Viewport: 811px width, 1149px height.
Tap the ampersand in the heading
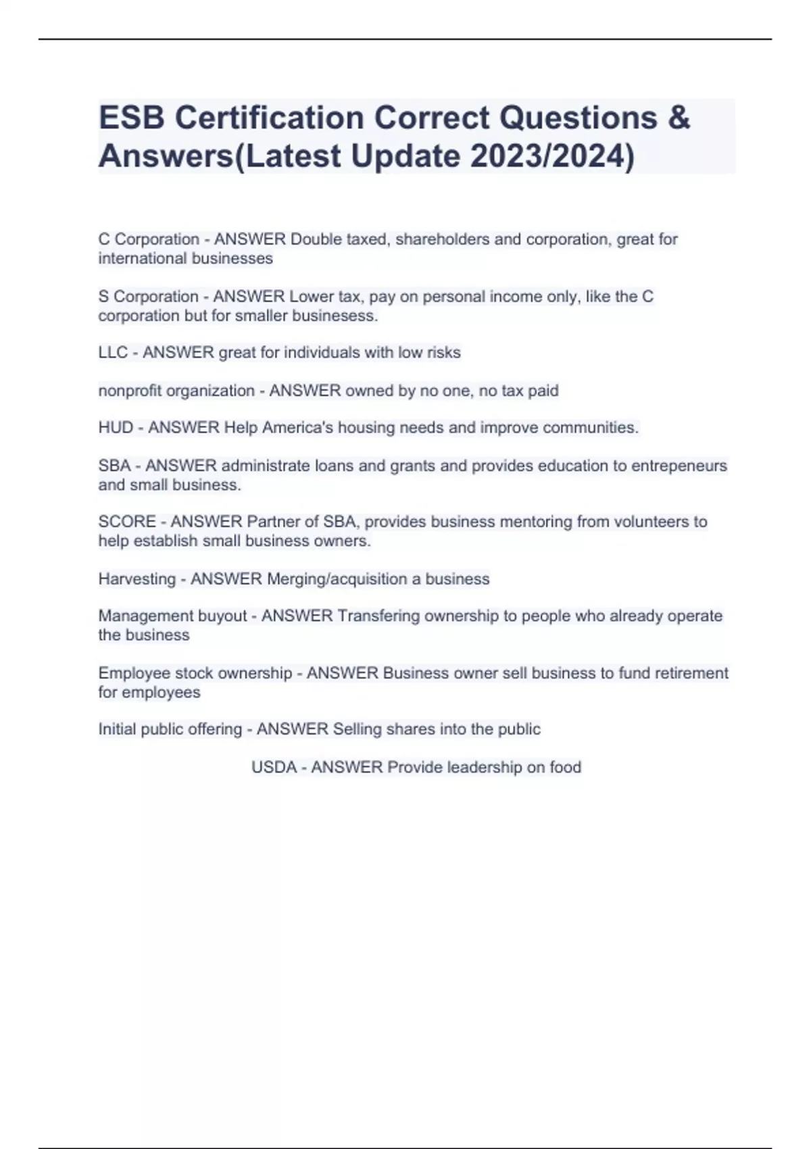(x=679, y=118)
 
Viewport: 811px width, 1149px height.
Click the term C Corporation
(x=149, y=239)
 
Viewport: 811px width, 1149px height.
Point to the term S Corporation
(x=148, y=297)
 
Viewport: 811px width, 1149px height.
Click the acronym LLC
(x=113, y=353)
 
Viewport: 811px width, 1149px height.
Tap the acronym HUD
(x=116, y=428)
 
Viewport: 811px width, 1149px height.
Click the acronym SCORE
(x=127, y=522)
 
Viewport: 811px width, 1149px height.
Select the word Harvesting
(x=137, y=579)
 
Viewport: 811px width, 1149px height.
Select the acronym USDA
(x=274, y=767)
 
